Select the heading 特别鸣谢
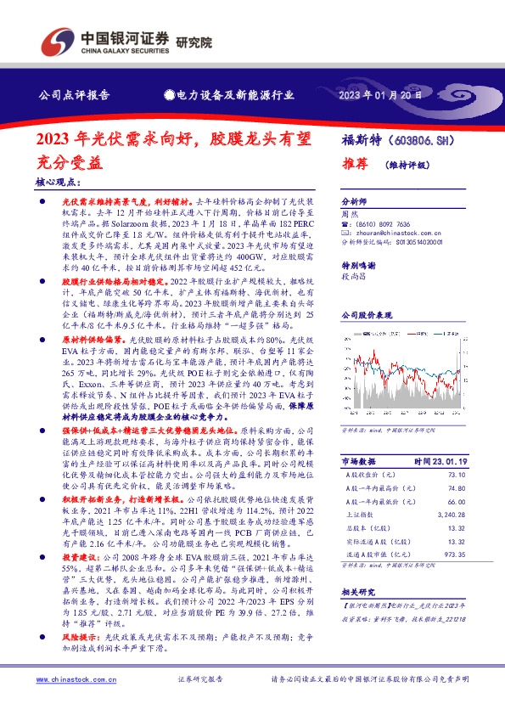[x=357, y=264]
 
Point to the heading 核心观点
[x=58, y=182]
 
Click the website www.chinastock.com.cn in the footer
[x=71, y=680]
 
